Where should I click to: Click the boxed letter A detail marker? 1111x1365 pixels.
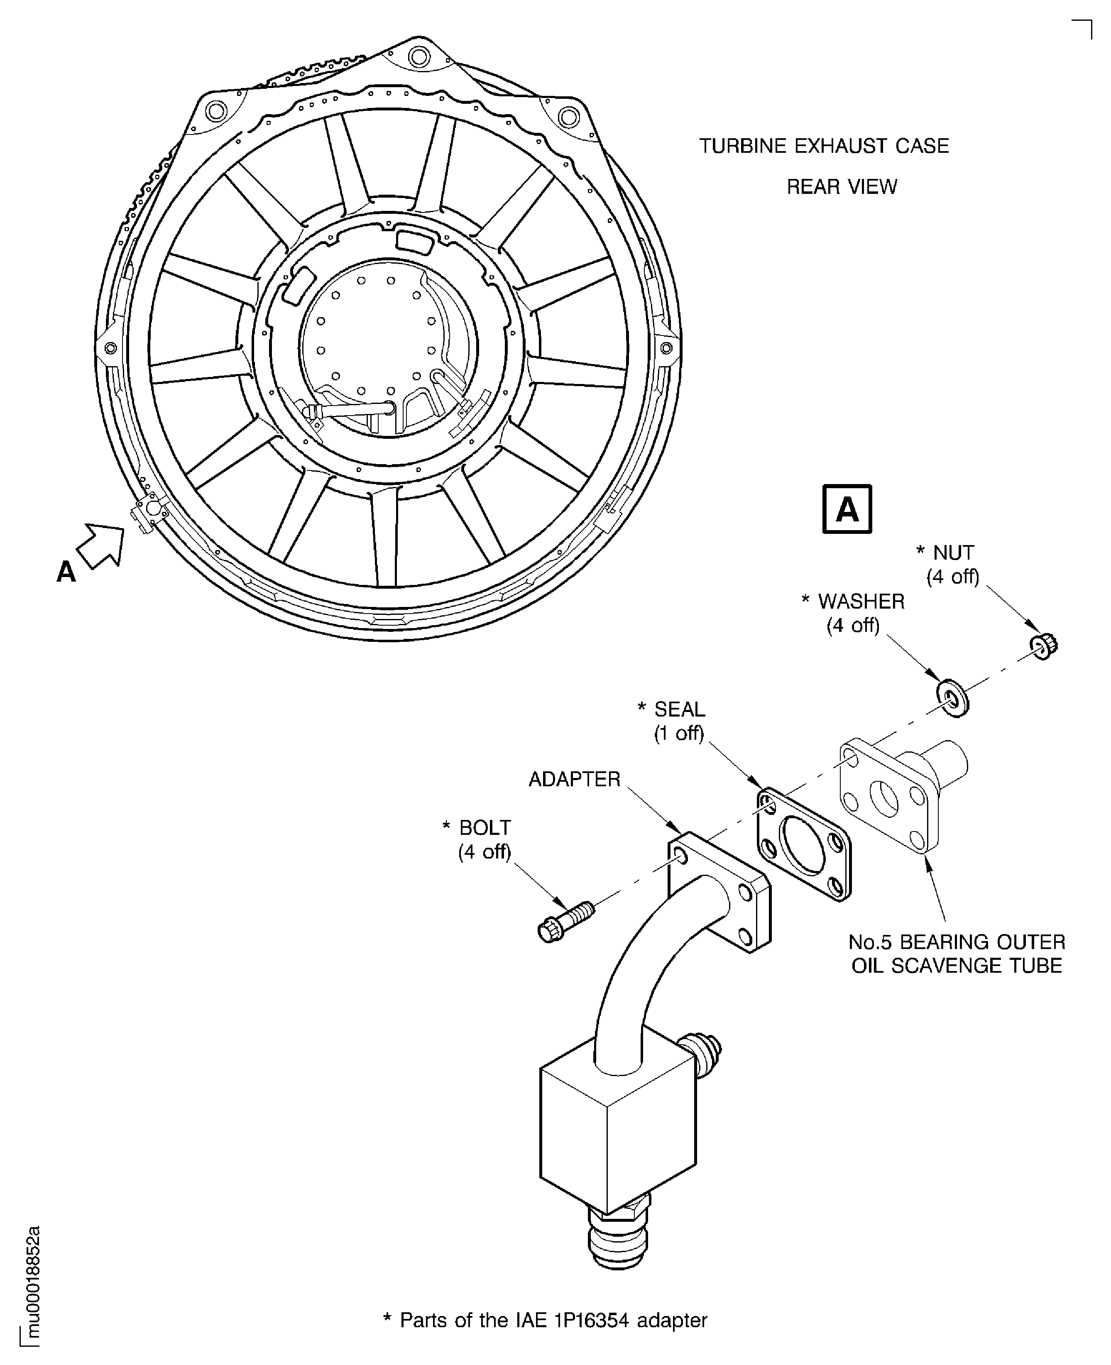847,509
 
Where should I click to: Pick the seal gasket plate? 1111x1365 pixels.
805,844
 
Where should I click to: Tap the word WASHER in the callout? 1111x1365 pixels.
861,602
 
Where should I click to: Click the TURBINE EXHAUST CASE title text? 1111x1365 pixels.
824,146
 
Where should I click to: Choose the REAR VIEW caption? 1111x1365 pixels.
842,186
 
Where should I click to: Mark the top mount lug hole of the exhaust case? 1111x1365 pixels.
418,57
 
